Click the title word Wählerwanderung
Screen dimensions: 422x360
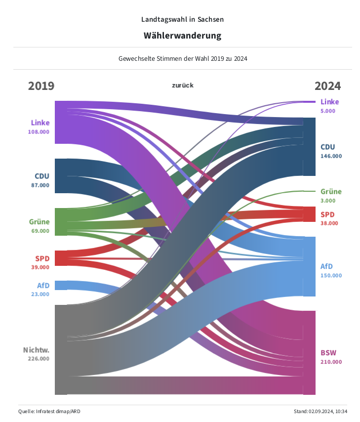(182, 36)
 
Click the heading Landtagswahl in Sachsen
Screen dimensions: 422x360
(182, 19)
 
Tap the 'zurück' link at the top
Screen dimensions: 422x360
(183, 85)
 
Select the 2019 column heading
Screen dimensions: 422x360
(41, 86)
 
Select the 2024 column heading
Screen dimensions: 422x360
(327, 86)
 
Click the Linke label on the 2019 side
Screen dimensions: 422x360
(40, 123)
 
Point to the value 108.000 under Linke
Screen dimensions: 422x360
(39, 132)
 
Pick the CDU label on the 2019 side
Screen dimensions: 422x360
(42, 176)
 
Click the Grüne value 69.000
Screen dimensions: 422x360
(40, 231)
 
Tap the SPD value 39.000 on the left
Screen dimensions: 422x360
(40, 267)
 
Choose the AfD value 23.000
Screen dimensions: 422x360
(40, 294)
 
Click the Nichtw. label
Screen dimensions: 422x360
(36, 350)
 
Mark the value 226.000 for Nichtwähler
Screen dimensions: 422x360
(38, 359)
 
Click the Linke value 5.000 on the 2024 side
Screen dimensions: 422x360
(328, 111)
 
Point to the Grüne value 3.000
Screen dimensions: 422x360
(328, 201)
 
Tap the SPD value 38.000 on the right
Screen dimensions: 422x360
(329, 223)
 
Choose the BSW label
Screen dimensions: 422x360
(328, 353)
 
